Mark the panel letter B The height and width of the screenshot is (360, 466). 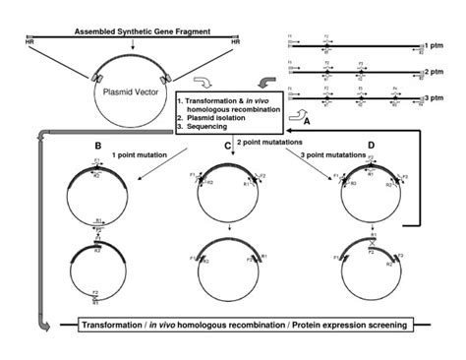(96, 145)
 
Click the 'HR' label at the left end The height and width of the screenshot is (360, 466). (28, 42)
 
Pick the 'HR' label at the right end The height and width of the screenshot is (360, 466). (234, 42)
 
